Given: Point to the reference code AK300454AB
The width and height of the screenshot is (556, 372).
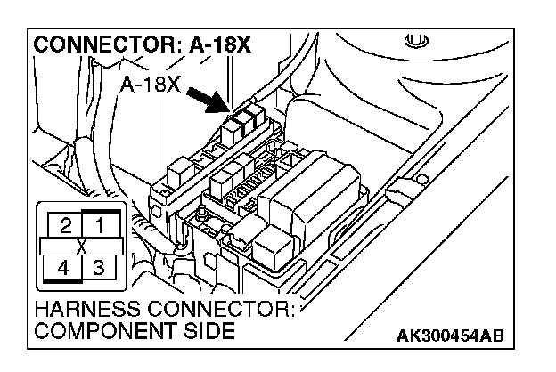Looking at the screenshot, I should pos(449,335).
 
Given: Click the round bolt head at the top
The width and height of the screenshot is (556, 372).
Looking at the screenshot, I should pos(412,40).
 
